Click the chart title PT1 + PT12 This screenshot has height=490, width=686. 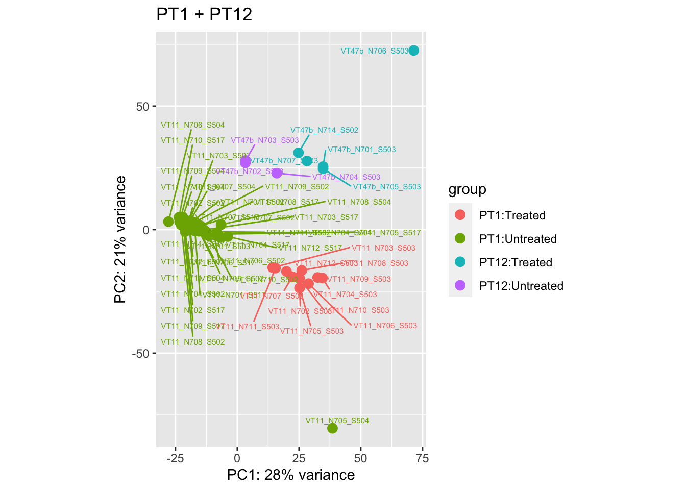pos(204,14)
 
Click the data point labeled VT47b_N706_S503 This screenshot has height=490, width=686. pos(413,50)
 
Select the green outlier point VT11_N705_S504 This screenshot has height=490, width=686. pos(332,428)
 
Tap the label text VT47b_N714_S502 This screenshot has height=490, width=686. pos(324,130)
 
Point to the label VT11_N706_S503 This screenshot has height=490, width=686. pos(385,326)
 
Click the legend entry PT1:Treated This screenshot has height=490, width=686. pos(512,215)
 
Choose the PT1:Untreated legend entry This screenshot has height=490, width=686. pos(518,239)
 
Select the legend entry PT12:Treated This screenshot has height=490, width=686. pos(516,262)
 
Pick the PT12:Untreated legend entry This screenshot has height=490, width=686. pos(521,286)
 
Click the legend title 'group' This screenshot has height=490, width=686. pos(467,190)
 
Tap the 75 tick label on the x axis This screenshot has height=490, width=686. pos(422,458)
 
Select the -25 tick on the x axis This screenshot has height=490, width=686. pos(175,458)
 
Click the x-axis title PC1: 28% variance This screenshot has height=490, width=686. pos(290,475)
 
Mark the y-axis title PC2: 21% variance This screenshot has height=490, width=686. pos(120,239)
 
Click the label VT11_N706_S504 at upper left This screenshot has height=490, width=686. pos(192,125)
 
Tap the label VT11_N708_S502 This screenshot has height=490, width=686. pos(192,342)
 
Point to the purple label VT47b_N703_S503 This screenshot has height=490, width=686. pos(264,140)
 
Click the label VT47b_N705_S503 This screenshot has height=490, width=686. pos(387,187)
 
